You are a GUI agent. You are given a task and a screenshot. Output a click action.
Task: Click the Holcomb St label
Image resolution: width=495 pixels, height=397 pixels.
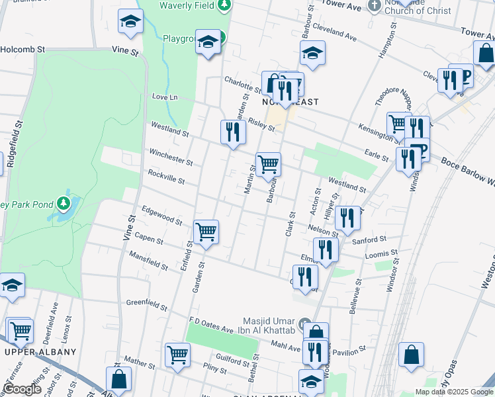22,49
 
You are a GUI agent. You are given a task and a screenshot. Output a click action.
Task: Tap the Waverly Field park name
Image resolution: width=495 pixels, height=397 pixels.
189,5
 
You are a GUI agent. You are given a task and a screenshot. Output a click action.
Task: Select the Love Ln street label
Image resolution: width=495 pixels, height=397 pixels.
165,97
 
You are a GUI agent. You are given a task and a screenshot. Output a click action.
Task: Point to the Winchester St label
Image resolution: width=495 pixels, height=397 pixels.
171,157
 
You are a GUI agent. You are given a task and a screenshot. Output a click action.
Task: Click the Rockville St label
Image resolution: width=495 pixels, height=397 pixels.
165,177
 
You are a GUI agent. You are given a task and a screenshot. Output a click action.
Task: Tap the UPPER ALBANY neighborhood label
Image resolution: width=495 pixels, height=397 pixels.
40,352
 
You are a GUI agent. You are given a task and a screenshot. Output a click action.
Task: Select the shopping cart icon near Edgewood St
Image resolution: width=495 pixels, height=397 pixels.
206,232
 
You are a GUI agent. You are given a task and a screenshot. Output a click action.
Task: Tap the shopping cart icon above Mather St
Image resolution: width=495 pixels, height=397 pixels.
177,355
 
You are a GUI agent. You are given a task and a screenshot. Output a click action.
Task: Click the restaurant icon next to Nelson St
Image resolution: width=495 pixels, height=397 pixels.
347,216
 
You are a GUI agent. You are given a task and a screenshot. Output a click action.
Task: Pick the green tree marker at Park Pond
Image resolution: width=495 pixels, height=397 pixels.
64,201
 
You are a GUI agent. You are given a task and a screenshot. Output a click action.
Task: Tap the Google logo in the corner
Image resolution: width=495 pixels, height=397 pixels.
22,389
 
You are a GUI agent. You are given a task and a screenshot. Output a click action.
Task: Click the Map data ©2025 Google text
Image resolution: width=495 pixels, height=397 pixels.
454,392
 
